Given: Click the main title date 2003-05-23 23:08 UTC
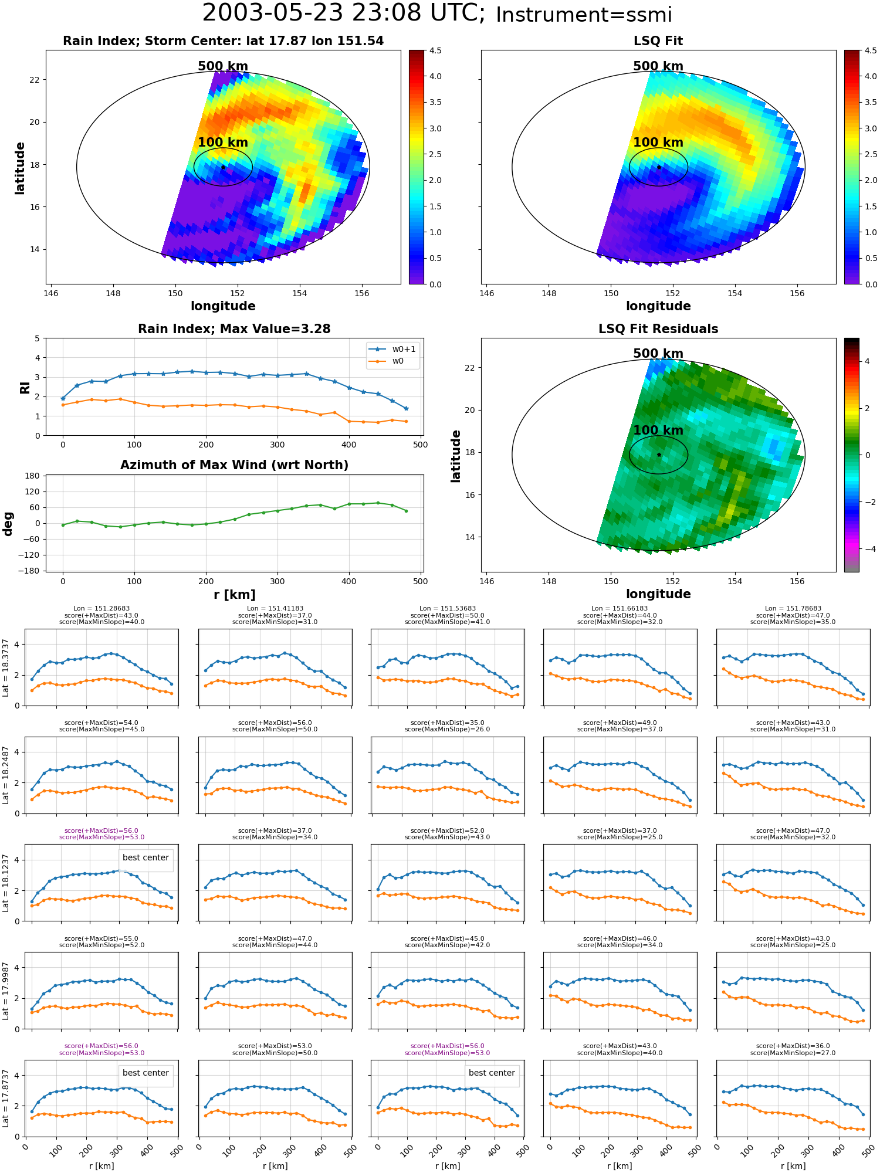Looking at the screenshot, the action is tap(344, 13).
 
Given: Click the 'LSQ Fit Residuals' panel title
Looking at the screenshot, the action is tap(658, 329).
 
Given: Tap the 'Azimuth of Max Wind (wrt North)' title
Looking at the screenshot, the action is tap(234, 465).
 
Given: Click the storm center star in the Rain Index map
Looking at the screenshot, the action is tap(223, 167).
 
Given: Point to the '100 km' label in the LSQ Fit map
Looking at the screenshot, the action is tap(658, 143).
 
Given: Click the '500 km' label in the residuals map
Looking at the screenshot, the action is tap(658, 354).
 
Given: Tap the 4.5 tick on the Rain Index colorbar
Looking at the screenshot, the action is tap(435, 50).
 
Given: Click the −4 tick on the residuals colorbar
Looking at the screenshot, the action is tap(866, 549).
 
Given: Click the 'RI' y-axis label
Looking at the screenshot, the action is tap(25, 387).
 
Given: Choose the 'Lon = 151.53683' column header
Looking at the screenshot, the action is tap(448, 609).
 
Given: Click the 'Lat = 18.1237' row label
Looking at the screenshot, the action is tap(6, 883).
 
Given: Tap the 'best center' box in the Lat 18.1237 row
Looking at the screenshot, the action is tap(145, 858).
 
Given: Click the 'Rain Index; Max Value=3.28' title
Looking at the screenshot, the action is tap(234, 329).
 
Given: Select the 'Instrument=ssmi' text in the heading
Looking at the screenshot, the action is tap(584, 15).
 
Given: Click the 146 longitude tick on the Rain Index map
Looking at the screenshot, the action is tap(51, 294).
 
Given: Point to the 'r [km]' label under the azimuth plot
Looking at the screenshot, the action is tap(234, 595).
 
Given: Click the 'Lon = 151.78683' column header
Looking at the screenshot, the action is tap(793, 609).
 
